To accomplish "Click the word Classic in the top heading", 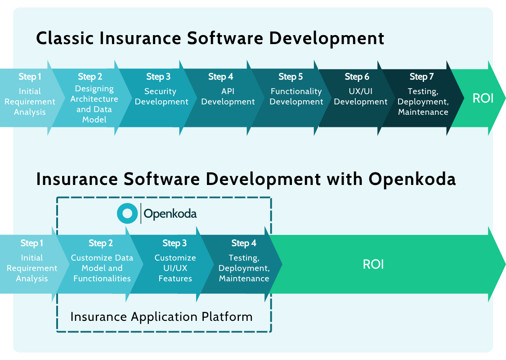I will pyautogui.click(x=65, y=38).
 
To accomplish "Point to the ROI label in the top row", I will pyautogui.click(x=483, y=98).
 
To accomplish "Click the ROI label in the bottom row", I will pyautogui.click(x=373, y=264).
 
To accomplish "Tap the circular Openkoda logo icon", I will pyautogui.click(x=127, y=214).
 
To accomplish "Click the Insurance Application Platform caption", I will pyautogui.click(x=161, y=316).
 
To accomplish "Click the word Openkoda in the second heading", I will pyautogui.click(x=412, y=179).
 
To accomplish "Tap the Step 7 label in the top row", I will pyautogui.click(x=418, y=76).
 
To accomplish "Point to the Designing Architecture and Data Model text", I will pyautogui.click(x=94, y=104).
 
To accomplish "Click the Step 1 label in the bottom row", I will pyautogui.click(x=32, y=243).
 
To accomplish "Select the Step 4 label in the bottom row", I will pyautogui.click(x=244, y=243).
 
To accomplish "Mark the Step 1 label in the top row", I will pyautogui.click(x=30, y=76).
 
